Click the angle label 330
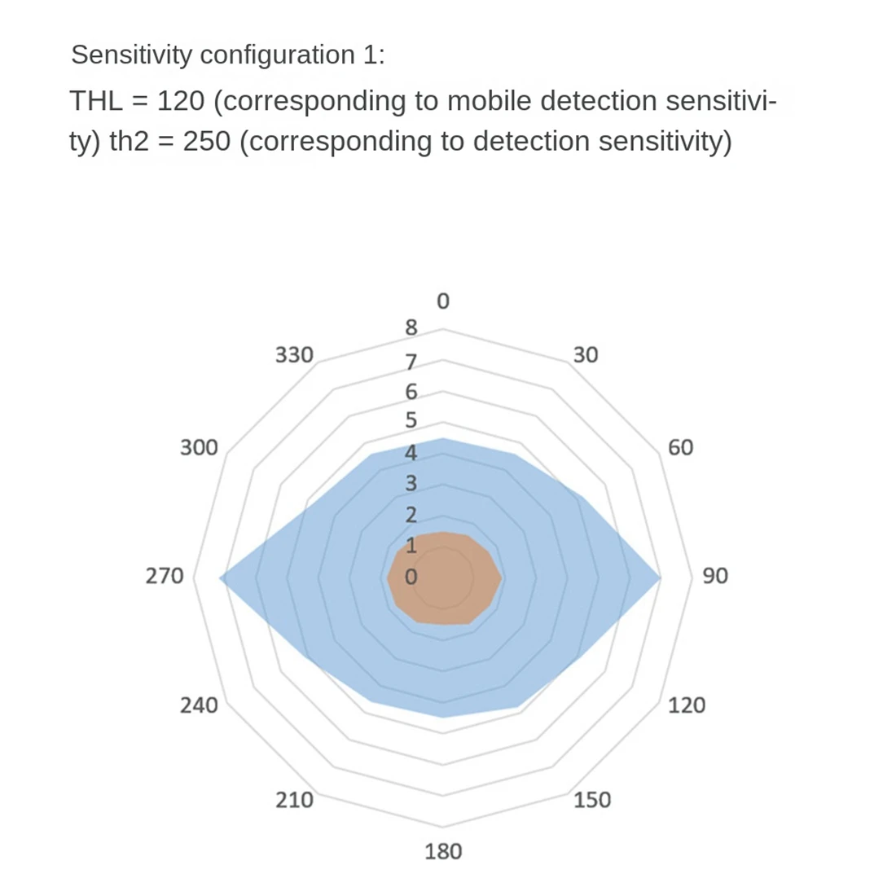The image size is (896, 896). (x=294, y=355)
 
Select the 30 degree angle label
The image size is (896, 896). (x=585, y=355)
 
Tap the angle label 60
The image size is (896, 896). (x=680, y=447)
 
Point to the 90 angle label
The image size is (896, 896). (x=714, y=576)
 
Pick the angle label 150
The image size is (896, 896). (x=591, y=800)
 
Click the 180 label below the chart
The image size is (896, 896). (x=443, y=852)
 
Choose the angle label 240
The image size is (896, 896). (x=199, y=705)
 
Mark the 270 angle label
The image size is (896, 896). (x=165, y=576)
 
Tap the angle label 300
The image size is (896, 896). (x=199, y=447)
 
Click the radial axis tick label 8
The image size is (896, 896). (x=411, y=328)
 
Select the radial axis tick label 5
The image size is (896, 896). (x=411, y=421)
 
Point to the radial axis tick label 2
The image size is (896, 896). (x=411, y=515)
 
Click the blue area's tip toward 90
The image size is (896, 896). (x=657, y=577)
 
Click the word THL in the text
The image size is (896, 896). (x=96, y=102)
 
